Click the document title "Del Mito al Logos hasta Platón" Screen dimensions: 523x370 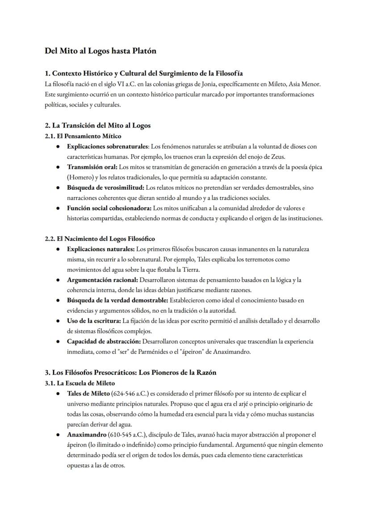point(101,51)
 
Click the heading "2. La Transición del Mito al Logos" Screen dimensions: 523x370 point(97,125)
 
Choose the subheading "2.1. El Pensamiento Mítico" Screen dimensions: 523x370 point(83,136)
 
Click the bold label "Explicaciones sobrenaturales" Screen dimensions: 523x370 point(108,146)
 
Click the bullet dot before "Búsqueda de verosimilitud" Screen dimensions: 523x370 point(59,187)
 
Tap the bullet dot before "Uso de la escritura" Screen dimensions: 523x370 point(59,321)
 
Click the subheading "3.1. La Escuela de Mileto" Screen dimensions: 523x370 point(80,383)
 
